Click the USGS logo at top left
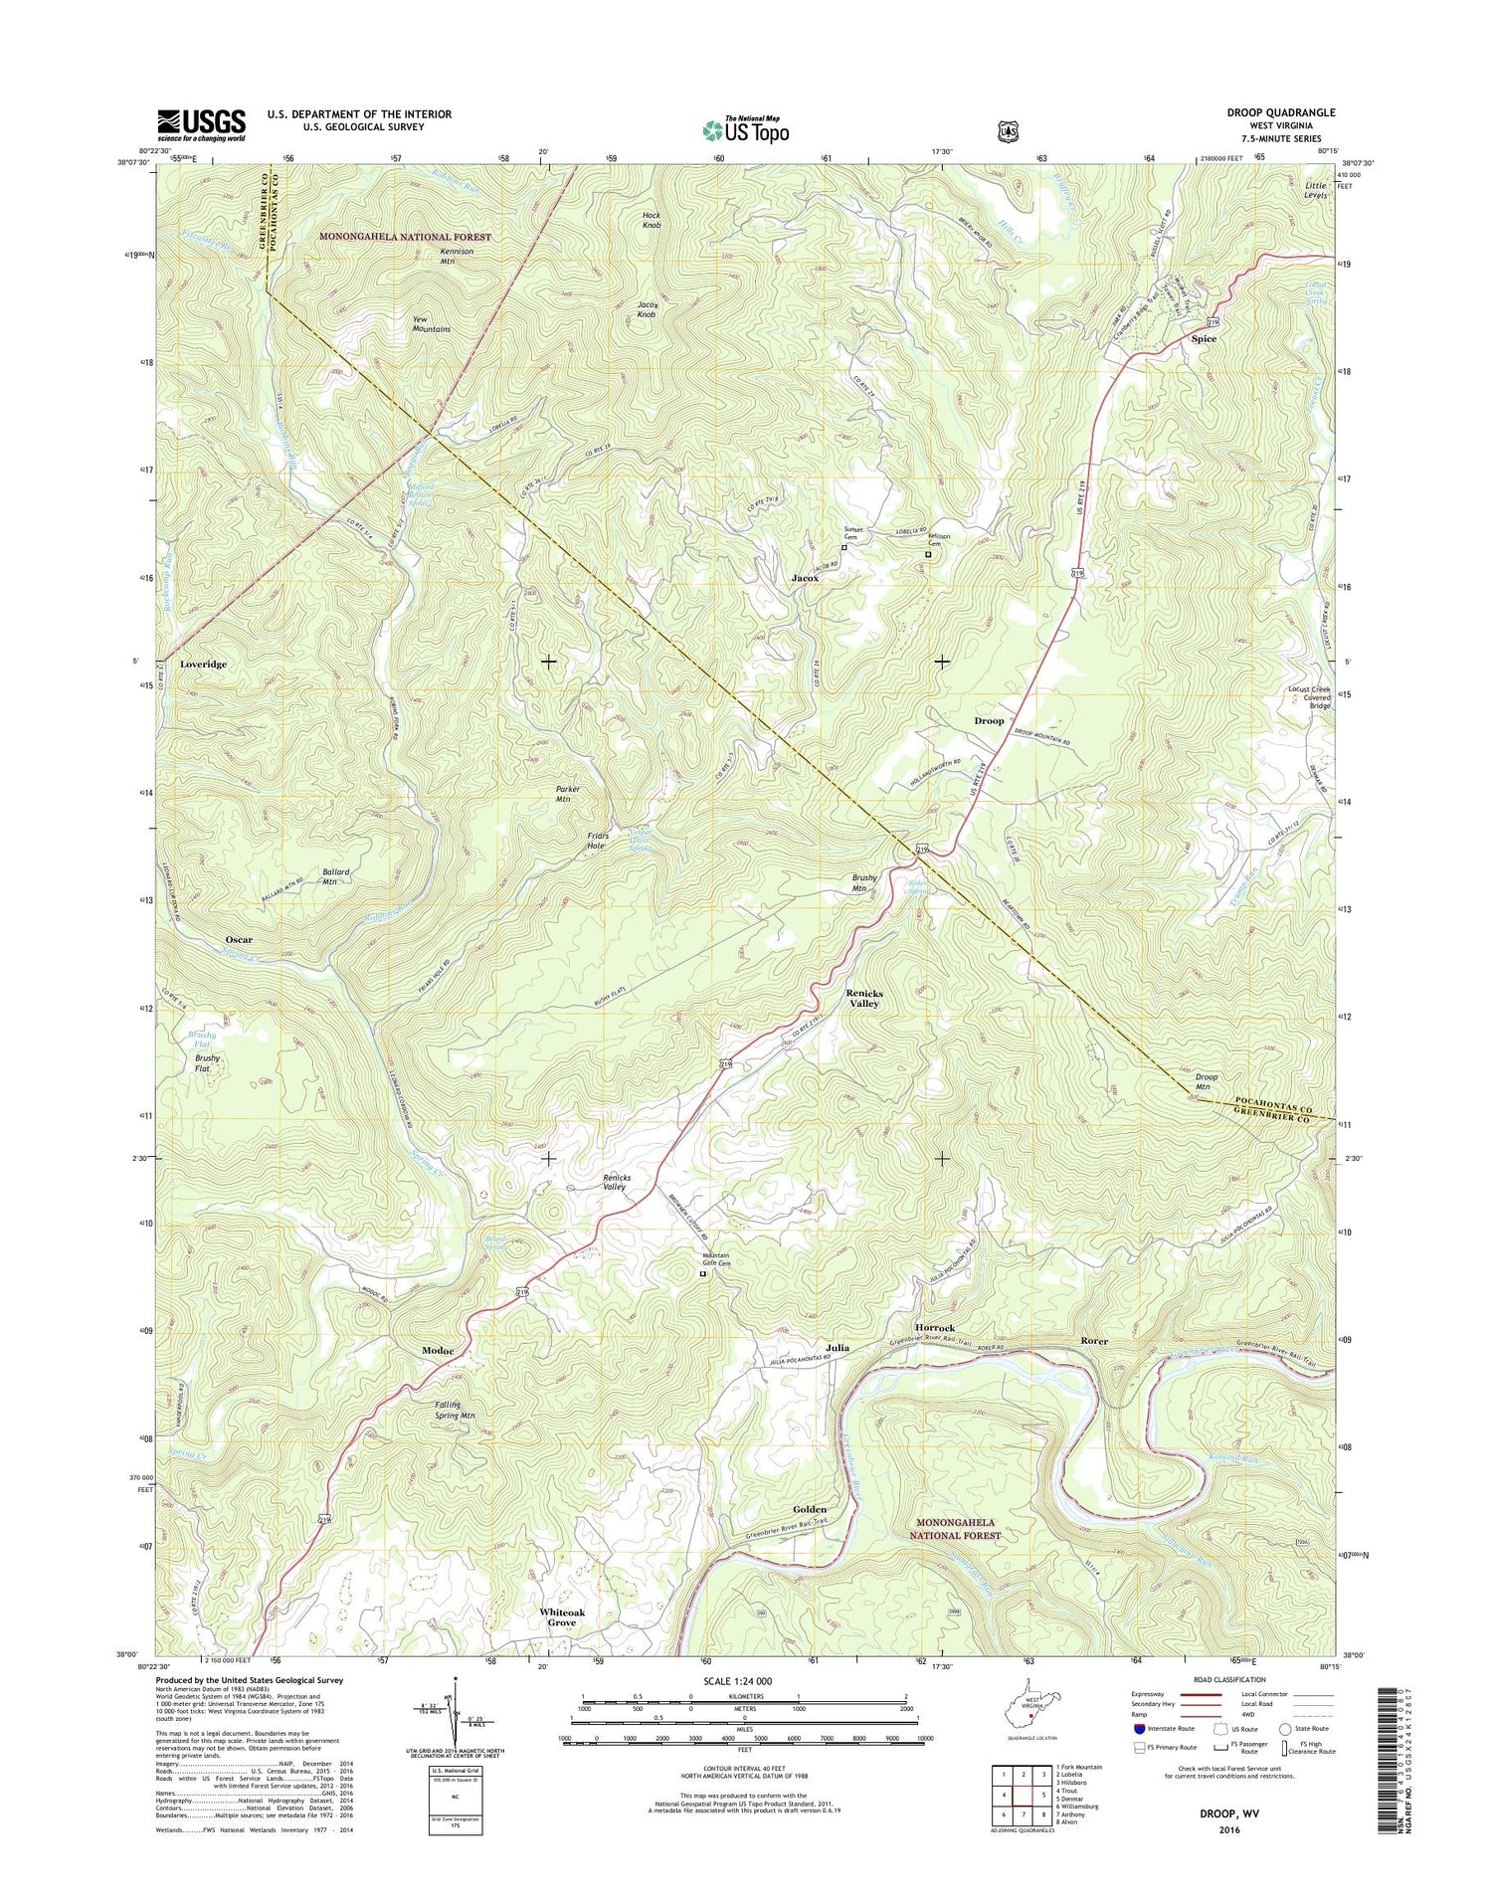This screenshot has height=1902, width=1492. point(202,123)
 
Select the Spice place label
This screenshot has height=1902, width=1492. point(1204,339)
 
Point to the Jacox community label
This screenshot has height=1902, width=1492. point(805,578)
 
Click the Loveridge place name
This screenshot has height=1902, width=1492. point(203,664)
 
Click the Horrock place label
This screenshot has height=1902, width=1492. point(934,1328)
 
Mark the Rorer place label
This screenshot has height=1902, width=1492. point(1094,1341)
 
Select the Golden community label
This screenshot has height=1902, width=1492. point(811,1509)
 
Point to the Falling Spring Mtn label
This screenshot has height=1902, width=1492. point(455,1410)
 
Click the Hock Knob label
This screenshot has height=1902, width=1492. point(652,220)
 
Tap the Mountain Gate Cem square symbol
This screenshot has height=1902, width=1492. point(702,1273)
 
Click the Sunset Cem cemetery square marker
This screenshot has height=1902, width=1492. point(844,547)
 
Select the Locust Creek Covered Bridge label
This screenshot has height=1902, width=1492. point(1309,696)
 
